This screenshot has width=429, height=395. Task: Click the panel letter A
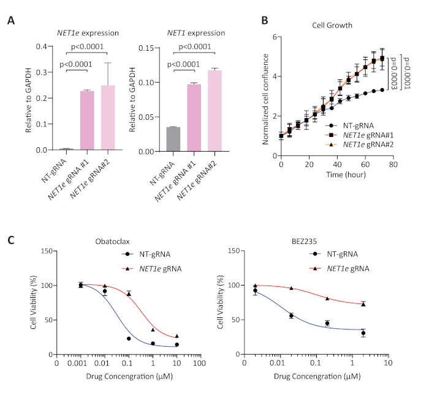pos(11,21)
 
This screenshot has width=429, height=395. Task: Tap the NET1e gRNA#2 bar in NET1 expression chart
pos(214,111)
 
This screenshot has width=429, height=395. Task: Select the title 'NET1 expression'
pos(195,32)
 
